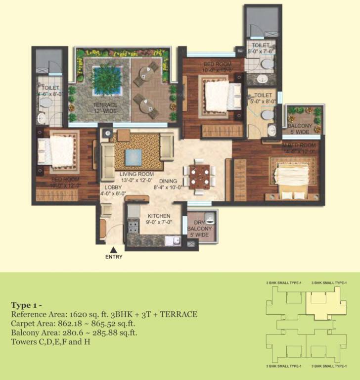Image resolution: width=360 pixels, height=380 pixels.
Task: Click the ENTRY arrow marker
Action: point(114,250)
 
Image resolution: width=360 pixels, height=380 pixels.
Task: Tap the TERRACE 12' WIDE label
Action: point(106,108)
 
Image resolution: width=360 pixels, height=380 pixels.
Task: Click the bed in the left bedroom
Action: point(58,150)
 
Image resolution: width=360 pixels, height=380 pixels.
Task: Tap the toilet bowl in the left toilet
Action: point(46,102)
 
